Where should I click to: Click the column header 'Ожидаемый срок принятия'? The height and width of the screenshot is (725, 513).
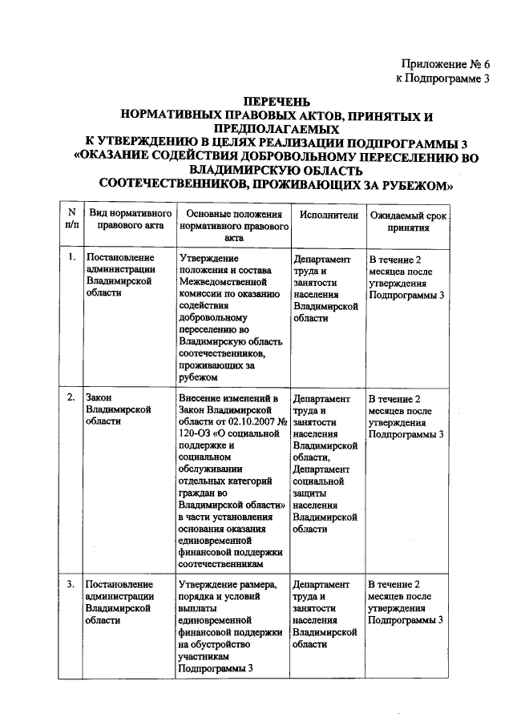407,221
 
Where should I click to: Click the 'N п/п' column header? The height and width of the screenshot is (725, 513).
71,221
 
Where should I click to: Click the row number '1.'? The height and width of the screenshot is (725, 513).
71,258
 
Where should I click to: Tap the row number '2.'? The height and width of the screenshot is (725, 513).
71,398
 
